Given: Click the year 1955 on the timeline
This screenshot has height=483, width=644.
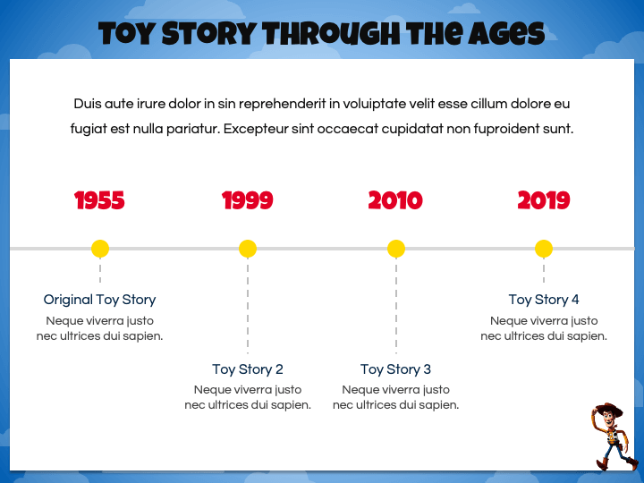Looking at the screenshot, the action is pos(99,200).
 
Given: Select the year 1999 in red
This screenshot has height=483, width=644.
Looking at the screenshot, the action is pos(247,200).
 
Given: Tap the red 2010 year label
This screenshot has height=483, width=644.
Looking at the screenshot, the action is pos(395,200).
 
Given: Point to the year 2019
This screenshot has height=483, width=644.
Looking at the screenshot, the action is pos(544,200).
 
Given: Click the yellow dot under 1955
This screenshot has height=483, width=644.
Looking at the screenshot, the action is pos(100,249).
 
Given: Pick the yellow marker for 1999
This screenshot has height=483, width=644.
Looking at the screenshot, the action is pos(248,249).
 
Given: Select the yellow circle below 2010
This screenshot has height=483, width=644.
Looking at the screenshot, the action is pos(396,249).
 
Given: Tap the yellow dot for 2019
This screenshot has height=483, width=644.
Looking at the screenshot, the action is pos(544,249).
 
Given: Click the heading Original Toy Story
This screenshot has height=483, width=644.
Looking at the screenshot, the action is pos(100,300).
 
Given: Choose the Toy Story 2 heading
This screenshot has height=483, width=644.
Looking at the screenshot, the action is pos(248,369).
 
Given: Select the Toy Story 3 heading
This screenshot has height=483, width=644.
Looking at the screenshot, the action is pos(396,369).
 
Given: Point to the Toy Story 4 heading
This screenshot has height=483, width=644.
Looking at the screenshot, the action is pos(544,300).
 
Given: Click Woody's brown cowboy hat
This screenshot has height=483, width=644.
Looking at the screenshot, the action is pos(609,409).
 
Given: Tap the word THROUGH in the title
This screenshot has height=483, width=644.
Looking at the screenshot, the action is pos(332,34).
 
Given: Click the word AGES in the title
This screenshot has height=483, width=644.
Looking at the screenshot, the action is pos(506,34).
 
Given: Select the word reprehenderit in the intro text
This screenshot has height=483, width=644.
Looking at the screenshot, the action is pos(282,104).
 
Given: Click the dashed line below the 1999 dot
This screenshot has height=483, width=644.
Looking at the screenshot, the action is pos(248,306).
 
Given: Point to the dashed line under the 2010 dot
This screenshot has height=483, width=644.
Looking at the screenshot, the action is pos(396,306).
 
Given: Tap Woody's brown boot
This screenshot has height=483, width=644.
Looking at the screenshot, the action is pos(602,464).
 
